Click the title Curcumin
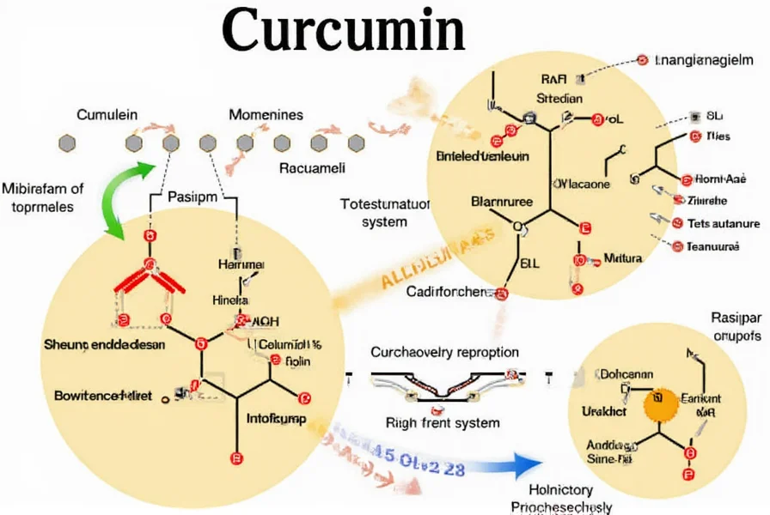point(344,32)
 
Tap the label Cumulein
point(107,114)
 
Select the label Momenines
point(266,114)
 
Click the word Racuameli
point(313,168)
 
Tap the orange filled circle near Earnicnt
point(660,399)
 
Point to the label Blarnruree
point(502,203)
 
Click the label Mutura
point(623,257)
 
